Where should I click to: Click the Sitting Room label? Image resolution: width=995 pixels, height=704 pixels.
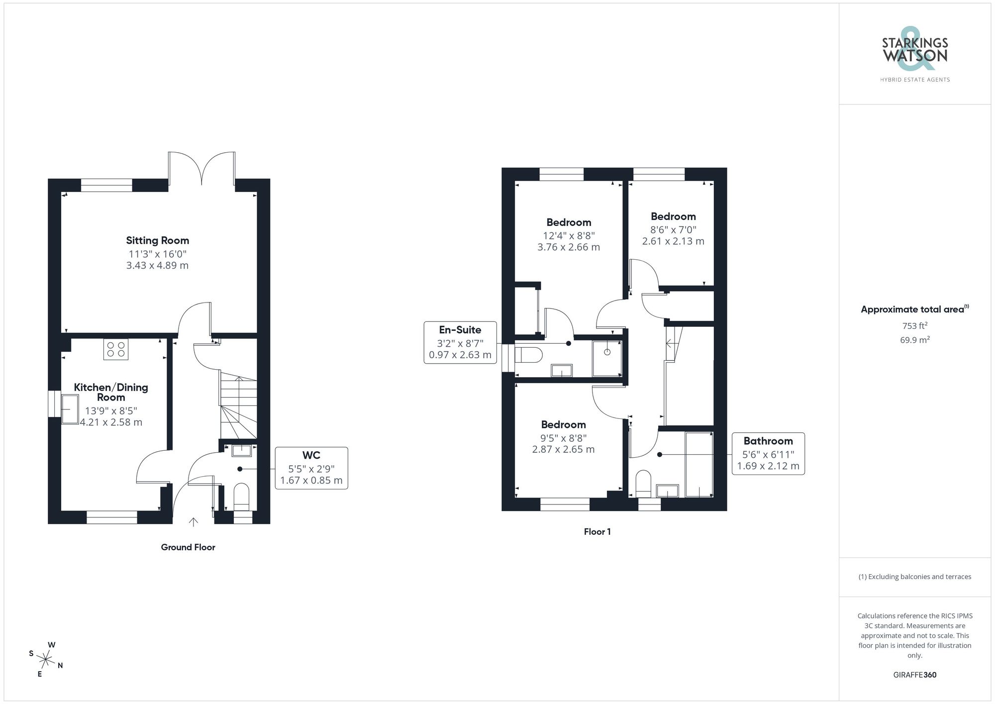[157, 241]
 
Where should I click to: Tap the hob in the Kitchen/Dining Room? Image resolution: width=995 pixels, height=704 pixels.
[116, 349]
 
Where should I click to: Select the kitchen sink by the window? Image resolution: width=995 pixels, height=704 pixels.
[70, 409]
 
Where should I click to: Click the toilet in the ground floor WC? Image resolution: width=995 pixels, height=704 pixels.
[241, 496]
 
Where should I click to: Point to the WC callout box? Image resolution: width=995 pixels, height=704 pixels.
[311, 468]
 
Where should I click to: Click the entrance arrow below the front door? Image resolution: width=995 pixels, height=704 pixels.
[194, 521]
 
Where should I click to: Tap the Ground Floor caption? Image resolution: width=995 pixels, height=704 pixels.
[188, 547]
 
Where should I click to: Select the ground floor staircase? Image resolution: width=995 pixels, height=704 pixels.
[238, 406]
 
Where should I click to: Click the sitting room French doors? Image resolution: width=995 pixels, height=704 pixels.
[201, 169]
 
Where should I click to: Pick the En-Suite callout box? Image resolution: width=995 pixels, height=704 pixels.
[460, 342]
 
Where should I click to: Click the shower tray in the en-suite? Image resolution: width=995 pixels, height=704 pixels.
[607, 358]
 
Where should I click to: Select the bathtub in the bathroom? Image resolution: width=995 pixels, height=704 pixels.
[698, 464]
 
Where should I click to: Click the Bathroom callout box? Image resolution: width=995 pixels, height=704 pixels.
[768, 453]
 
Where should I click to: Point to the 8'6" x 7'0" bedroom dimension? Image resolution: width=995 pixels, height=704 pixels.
[673, 229]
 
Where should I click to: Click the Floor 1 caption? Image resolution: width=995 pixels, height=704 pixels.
[597, 532]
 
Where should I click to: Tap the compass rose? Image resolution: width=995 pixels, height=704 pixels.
[46, 660]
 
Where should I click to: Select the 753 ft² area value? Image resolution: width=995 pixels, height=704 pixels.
[914, 326]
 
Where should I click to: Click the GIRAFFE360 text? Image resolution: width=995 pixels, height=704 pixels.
[914, 675]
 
